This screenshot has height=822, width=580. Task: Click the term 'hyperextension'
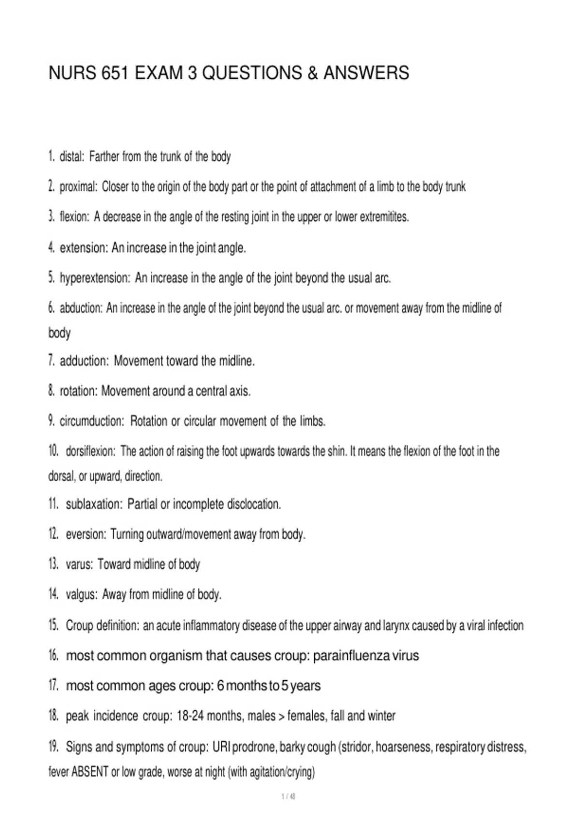pos(95,278)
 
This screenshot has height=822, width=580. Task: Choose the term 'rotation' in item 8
pos(78,391)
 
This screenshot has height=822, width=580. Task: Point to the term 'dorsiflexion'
pos(90,452)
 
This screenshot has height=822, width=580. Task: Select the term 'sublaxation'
pos(94,504)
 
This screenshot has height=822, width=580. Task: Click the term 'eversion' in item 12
pos(86,534)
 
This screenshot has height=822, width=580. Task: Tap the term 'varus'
pos(79,564)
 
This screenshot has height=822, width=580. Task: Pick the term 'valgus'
pos(81,594)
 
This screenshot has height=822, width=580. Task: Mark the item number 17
pos(54,686)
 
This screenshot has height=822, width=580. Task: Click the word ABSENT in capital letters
pos(90,772)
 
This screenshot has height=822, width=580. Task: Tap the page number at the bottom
pos(288,796)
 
